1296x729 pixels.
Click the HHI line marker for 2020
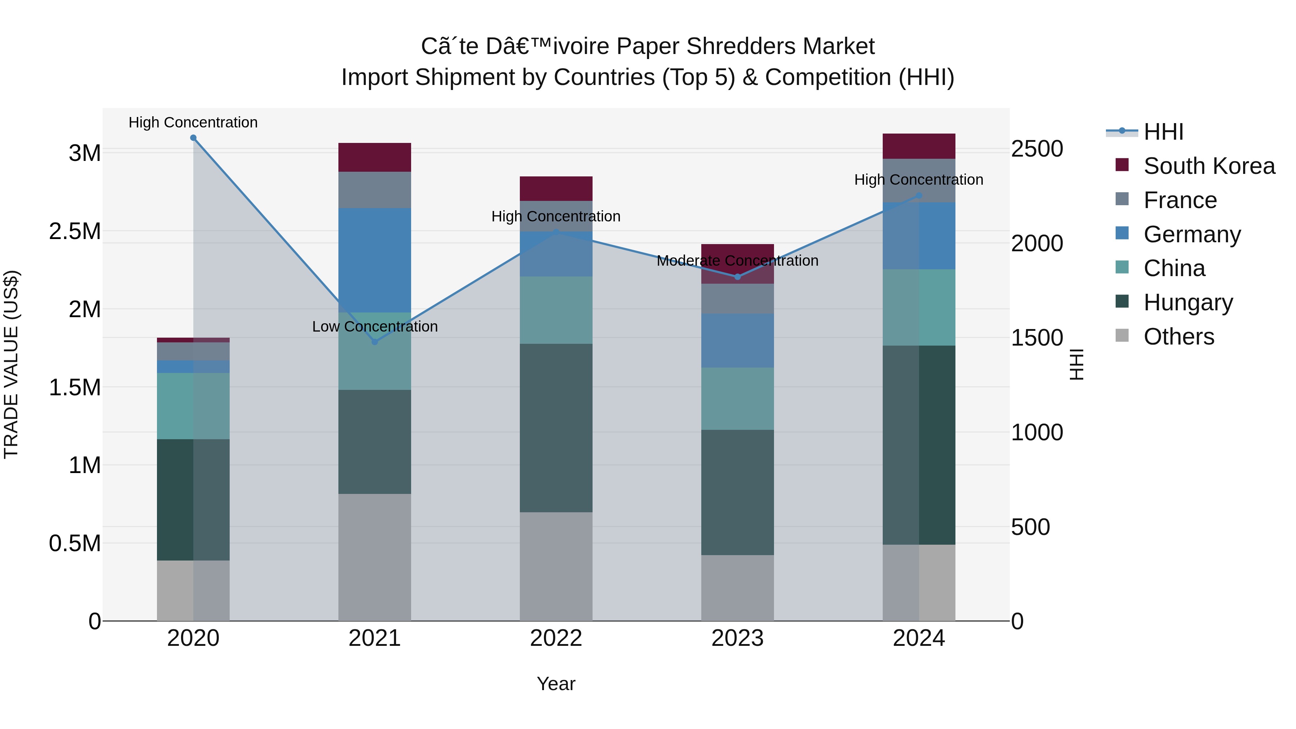click(x=193, y=138)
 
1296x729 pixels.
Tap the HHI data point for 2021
click(x=374, y=342)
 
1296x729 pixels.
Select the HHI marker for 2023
click(x=738, y=277)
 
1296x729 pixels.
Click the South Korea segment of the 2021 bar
click(x=374, y=157)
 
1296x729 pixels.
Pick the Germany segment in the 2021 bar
click(x=374, y=260)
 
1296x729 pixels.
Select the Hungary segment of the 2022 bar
click(x=556, y=428)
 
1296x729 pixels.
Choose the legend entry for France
click(x=1180, y=200)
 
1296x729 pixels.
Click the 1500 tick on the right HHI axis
click(x=1037, y=338)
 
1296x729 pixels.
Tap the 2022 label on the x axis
click(x=556, y=638)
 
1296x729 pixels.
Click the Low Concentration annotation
click(x=375, y=327)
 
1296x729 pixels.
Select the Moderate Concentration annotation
click(x=738, y=261)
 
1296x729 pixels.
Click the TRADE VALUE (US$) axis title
click(x=11, y=364)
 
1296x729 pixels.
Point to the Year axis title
click(x=556, y=684)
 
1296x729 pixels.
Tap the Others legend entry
click(x=1178, y=337)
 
